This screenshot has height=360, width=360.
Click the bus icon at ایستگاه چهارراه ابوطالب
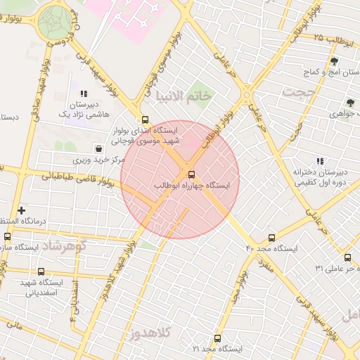coord(192,174)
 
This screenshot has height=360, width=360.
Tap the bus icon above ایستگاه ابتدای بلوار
coord(146,120)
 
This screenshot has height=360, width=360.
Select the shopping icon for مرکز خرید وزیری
coord(98,149)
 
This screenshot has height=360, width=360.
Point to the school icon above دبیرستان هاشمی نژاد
coord(84,93)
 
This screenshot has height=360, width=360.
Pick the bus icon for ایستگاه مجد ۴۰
coord(272,238)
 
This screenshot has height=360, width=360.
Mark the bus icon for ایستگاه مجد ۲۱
coord(217,338)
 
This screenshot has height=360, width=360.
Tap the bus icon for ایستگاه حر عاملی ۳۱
coord(347,257)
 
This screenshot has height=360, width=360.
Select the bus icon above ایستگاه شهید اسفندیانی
coord(41,271)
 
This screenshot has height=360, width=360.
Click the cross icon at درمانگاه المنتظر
coord(21,210)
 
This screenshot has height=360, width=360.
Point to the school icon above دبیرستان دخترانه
coord(320,162)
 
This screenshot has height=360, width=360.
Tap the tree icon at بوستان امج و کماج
coord(334,62)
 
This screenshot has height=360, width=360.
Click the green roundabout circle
coord(56,22)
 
